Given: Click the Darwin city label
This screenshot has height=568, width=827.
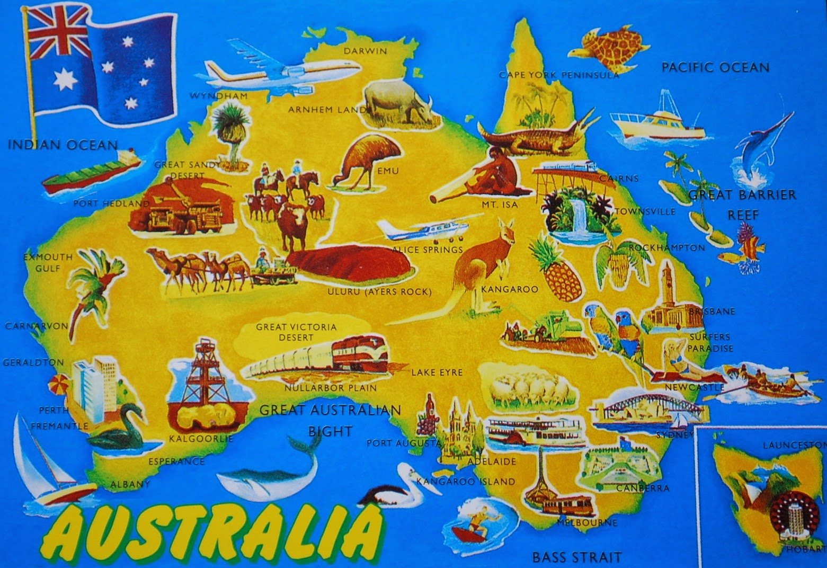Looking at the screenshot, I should (x=365, y=51).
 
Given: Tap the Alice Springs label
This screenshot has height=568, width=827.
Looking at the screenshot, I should (x=428, y=249).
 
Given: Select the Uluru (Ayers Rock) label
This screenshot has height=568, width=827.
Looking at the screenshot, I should (x=379, y=292).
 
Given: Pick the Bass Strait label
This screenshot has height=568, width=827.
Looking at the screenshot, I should (x=576, y=557).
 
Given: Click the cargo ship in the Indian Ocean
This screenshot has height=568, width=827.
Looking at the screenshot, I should (x=90, y=172).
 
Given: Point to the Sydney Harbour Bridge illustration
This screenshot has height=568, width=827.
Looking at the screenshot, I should (x=636, y=405).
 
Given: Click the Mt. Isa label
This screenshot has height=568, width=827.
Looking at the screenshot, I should (x=499, y=205).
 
